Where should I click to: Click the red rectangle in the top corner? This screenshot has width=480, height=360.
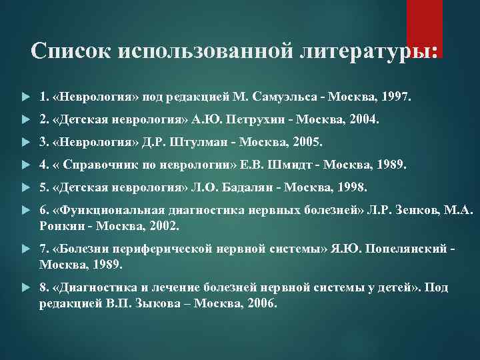(x=424, y=19)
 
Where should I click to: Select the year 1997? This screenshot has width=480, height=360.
(x=397, y=97)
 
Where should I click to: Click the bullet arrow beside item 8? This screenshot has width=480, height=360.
(x=25, y=288)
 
